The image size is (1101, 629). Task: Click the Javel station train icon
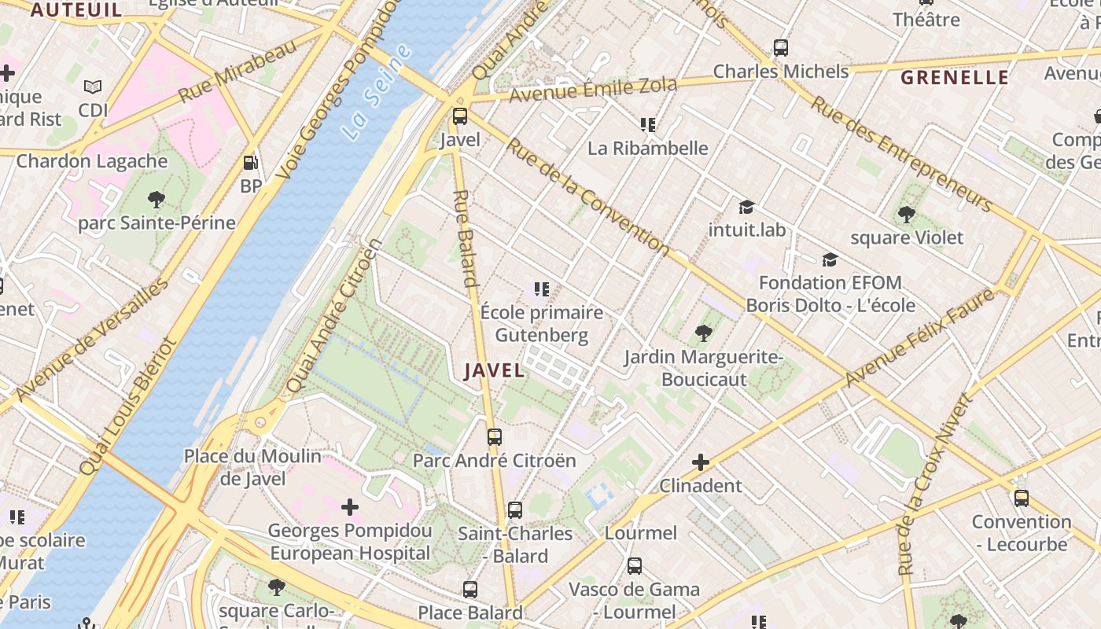(460, 116)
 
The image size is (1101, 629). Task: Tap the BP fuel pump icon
(251, 163)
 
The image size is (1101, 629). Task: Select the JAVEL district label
(494, 370)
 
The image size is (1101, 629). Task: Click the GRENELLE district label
(955, 77)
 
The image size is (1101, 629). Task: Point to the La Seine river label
(377, 93)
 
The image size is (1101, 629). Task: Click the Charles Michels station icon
(781, 48)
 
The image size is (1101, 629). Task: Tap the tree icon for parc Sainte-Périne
(156, 200)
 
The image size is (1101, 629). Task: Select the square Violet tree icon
(907, 214)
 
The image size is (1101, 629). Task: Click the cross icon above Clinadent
(701, 462)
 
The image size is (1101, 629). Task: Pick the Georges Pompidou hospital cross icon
(350, 507)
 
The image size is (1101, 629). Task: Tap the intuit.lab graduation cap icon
(746, 207)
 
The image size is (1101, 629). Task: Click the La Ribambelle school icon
(648, 125)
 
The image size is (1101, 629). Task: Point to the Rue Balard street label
(466, 237)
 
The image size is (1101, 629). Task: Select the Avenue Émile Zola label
(593, 90)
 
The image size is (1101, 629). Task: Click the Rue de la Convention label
(587, 197)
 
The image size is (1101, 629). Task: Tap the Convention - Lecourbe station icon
(1022, 498)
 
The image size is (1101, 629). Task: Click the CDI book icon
(93, 87)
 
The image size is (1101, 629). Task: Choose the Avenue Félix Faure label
(919, 338)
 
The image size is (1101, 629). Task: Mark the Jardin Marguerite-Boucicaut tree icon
(704, 334)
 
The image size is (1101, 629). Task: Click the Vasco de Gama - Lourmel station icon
(635, 565)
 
